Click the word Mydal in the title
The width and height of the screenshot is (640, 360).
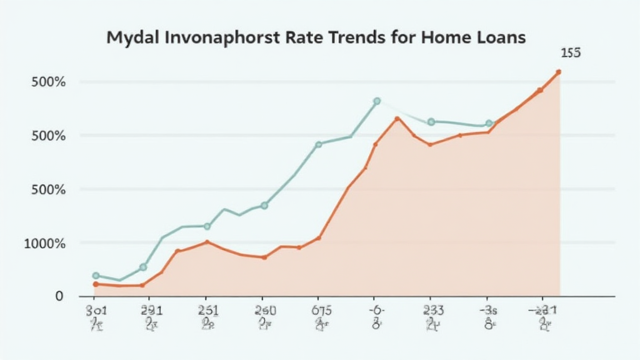coord(133,37)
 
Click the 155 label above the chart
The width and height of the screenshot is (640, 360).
coord(570,54)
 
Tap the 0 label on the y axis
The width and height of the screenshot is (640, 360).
coord(59,296)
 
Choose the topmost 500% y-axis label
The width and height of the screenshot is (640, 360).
coord(48,82)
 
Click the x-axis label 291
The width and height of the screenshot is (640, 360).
coord(151,310)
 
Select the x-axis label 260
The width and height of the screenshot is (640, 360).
coord(265,310)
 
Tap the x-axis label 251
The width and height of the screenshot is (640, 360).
coord(207,310)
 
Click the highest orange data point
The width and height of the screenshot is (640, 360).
coord(558,72)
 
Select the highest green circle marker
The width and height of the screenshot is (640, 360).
coord(377,101)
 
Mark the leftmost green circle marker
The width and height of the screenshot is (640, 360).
coord(96,276)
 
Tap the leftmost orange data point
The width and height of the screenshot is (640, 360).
coord(96,284)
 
